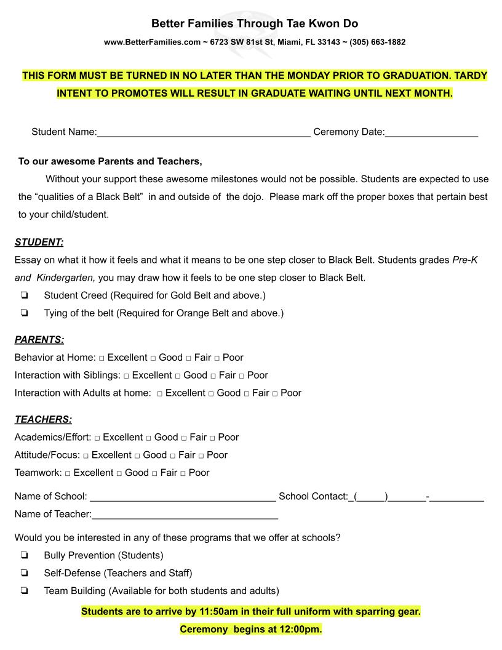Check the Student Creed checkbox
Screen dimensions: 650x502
[x=24, y=295]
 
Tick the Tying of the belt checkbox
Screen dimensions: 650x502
[x=24, y=313]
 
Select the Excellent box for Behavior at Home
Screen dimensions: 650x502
[x=102, y=358]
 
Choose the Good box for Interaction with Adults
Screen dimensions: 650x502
[x=211, y=394]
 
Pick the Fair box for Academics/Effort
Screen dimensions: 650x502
[x=184, y=438]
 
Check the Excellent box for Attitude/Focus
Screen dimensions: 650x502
[x=86, y=456]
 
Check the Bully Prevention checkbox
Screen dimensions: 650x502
[x=24, y=556]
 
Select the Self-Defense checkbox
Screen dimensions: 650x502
[x=24, y=574]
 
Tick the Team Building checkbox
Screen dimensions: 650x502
[x=24, y=592]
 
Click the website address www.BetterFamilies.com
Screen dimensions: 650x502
[x=153, y=42]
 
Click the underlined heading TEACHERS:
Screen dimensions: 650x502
[x=43, y=420]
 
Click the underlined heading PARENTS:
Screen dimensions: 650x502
[x=39, y=340]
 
